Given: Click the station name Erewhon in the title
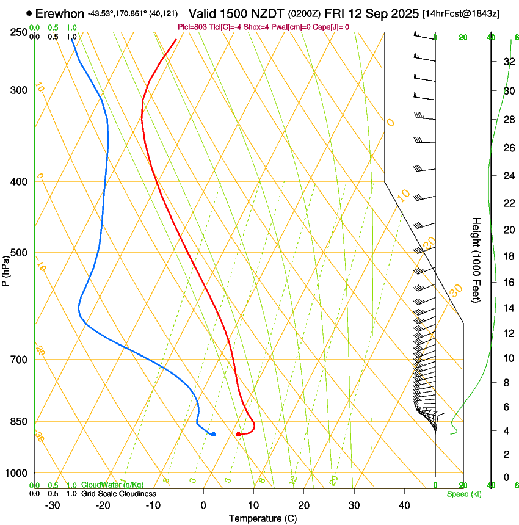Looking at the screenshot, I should tap(59, 13).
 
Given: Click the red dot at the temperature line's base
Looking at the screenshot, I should tap(238, 434).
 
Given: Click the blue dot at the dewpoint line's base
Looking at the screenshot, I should tap(213, 434).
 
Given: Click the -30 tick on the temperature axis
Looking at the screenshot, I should tap(53, 505).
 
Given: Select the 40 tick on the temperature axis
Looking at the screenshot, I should tap(404, 505).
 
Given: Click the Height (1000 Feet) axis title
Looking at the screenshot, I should tap(476, 259).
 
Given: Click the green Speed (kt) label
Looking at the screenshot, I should tap(463, 494).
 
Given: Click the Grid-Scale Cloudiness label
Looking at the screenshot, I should tap(118, 494).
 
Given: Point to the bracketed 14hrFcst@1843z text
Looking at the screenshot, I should tap(461, 13).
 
